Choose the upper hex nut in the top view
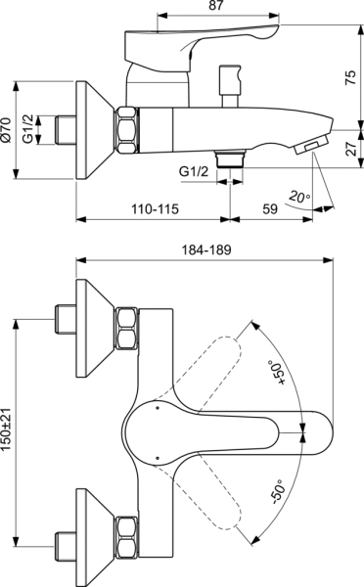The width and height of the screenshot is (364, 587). pyautogui.click(x=128, y=329)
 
